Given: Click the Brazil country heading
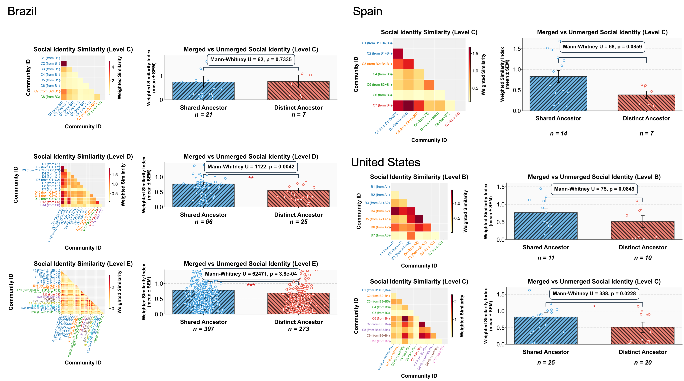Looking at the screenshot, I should pos(22,11).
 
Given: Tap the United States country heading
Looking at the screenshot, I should pos(385,162).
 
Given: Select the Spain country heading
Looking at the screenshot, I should pos(368,11).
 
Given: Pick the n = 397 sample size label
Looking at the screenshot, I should pos(203,329).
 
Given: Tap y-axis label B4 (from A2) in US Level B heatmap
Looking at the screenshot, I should pos(380,211).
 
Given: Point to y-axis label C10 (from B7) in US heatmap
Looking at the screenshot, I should pos(380,341).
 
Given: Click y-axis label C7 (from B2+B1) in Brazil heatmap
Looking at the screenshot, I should pos(47,91).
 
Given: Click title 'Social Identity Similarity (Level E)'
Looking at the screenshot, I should pos(83,264).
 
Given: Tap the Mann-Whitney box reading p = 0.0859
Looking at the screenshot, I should pos(602,47).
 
